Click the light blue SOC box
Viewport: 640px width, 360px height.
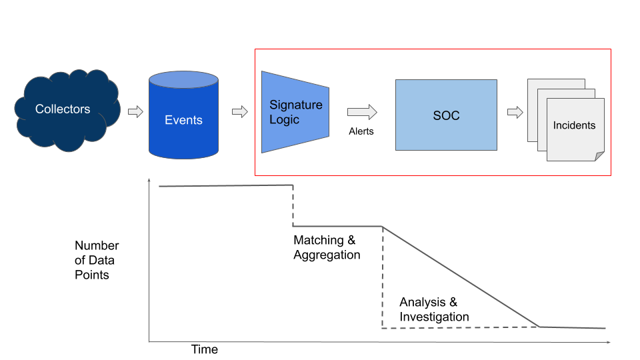(x=446, y=115)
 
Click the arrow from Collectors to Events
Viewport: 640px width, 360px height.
(x=135, y=112)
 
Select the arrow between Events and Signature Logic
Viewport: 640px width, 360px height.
(x=239, y=112)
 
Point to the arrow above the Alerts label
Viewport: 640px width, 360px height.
(x=362, y=112)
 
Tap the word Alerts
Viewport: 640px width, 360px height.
(x=361, y=131)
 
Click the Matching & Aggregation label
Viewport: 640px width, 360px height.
(x=327, y=247)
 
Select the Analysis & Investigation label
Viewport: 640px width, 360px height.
(x=434, y=309)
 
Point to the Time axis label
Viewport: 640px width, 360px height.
(x=205, y=349)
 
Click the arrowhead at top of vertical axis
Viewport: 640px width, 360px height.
(x=149, y=181)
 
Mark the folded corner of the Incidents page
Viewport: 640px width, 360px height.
(x=599, y=156)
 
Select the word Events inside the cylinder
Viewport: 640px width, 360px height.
(x=183, y=120)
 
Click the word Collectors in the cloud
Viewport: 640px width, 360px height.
(x=63, y=109)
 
